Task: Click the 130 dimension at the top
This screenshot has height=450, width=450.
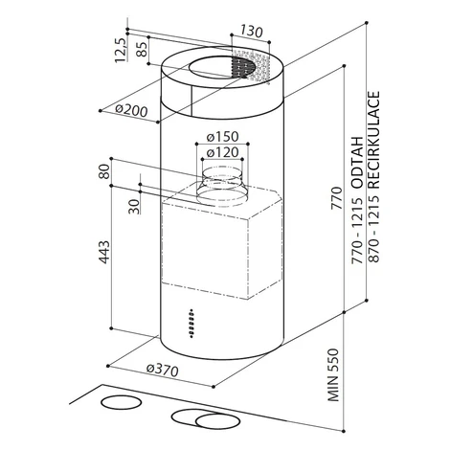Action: point(252,32)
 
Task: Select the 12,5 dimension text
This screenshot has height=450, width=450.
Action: point(121,50)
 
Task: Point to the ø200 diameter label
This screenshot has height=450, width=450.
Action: point(131,110)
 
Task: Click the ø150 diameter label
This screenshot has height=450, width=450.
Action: point(222,137)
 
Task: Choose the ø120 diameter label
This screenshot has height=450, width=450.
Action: point(222,152)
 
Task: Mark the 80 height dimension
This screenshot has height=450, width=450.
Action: point(104,171)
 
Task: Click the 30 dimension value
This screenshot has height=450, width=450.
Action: point(134,206)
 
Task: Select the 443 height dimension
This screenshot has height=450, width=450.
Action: point(103,252)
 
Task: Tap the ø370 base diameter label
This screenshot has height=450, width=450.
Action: point(162,370)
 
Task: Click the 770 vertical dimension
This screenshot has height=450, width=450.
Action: point(336,198)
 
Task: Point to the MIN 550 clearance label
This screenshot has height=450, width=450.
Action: point(332,375)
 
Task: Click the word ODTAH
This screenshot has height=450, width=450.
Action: point(357,162)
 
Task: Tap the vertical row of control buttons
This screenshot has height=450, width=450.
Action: point(191,323)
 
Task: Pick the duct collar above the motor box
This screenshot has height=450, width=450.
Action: point(220,186)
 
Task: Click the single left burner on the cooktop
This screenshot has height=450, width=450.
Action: point(121,402)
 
